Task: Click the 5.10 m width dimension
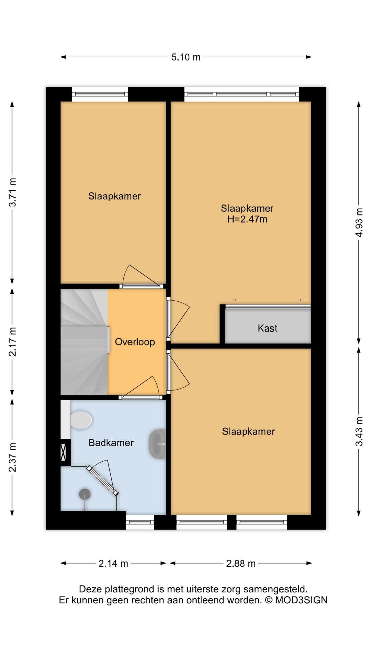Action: (186, 57)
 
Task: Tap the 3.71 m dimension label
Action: (12, 192)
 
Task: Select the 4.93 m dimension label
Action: (359, 222)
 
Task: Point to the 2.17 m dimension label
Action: (12, 342)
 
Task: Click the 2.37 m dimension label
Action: (12, 458)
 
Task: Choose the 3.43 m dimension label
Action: (359, 431)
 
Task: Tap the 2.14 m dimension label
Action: (113, 564)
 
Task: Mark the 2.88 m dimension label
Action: (241, 564)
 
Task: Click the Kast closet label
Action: (268, 328)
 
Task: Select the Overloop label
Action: (135, 342)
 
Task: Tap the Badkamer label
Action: (111, 443)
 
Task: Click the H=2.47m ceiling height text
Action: (247, 219)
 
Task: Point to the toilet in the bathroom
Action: (81, 420)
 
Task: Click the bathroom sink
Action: (158, 444)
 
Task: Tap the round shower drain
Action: (85, 495)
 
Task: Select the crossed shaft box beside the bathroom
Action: (63, 452)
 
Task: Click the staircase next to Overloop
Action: (84, 342)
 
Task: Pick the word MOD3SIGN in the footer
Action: (301, 600)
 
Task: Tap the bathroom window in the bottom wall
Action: (140, 522)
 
